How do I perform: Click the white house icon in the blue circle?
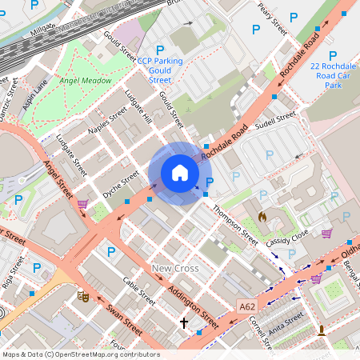pos(180,173)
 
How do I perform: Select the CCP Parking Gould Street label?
pos(159,70)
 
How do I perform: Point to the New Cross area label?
pos(175,269)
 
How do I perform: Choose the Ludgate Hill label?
pos(138,110)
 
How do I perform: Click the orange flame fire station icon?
pos(262,216)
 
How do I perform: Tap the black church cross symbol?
pos(184,323)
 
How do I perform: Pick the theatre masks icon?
pos(82,296)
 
